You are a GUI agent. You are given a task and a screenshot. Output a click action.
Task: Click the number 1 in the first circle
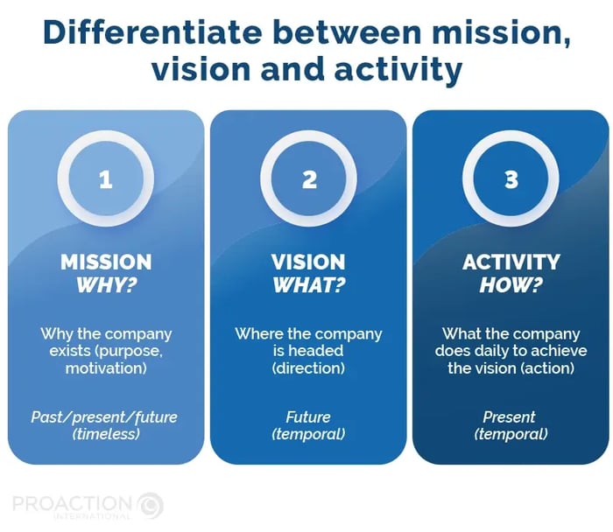click(106, 180)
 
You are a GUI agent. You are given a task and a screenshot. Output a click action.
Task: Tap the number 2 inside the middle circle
click(309, 180)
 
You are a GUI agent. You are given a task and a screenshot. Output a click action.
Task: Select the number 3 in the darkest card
click(511, 180)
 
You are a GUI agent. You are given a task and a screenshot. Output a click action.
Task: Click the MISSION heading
click(106, 262)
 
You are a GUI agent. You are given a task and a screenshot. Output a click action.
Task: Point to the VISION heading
click(308, 262)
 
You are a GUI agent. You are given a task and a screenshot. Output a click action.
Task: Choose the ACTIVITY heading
click(511, 262)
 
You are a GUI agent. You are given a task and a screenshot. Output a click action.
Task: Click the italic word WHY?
click(106, 285)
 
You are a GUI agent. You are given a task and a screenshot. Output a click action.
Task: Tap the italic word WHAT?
click(309, 285)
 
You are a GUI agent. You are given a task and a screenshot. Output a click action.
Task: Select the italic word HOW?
click(511, 285)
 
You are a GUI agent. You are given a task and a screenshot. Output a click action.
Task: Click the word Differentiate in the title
click(152, 32)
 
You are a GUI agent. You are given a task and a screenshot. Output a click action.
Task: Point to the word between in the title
click(348, 32)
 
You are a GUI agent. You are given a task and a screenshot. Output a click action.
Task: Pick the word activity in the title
click(398, 69)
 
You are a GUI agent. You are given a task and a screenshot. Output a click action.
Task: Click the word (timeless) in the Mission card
click(106, 434)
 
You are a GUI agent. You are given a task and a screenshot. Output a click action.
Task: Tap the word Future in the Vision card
click(308, 417)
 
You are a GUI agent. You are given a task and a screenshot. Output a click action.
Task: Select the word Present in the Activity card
click(509, 417)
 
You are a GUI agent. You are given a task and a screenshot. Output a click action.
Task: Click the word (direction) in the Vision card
click(308, 368)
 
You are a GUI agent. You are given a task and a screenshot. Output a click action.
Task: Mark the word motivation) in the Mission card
click(106, 368)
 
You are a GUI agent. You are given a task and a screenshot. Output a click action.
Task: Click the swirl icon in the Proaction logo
click(151, 505)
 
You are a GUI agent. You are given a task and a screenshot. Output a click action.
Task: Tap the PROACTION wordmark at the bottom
click(72, 503)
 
